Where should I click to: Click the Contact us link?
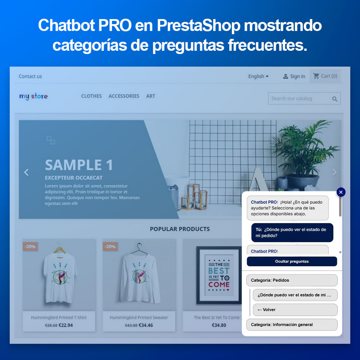coord(30,76)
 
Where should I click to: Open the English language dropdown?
coord(258,76)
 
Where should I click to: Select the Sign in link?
coord(294,76)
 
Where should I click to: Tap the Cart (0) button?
coord(325,76)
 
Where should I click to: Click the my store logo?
coord(33,96)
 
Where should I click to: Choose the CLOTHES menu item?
coord(91,96)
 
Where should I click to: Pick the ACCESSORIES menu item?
coord(124,96)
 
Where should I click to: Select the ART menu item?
coord(150,96)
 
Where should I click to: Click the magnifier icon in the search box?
coord(335,99)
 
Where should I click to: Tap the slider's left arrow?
coord(26,172)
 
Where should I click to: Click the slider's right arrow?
coord(334,172)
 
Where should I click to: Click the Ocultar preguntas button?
coord(292,261)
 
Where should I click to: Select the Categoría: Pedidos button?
coord(292,280)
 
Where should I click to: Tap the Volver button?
coord(295,310)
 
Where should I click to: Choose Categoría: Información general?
coord(292,325)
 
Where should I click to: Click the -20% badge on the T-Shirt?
coord(30,247)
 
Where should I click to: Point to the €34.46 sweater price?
coord(146,325)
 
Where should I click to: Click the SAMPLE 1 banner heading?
coord(79,165)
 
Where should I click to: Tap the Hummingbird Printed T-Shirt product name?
coord(59,318)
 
